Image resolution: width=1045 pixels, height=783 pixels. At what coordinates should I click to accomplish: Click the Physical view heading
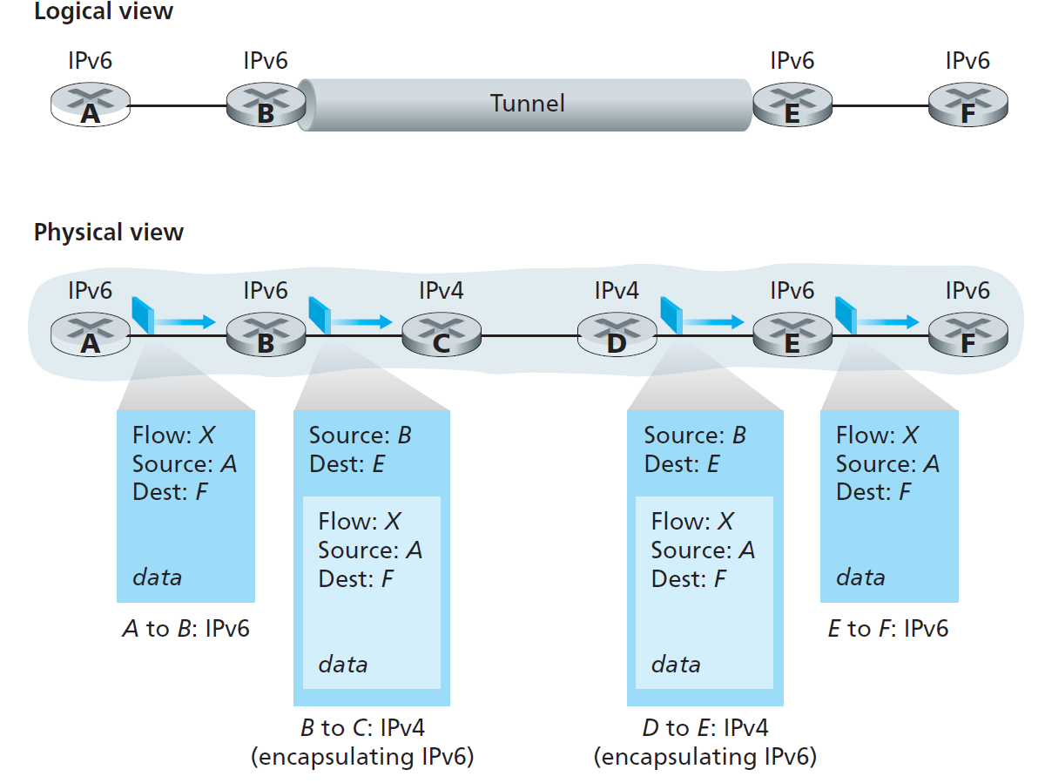click(109, 233)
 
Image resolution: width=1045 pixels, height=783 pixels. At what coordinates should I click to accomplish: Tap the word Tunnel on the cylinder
click(528, 104)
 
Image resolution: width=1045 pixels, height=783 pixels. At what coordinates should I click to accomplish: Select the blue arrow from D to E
click(711, 321)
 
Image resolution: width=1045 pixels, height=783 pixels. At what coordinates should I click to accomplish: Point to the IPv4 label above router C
click(442, 289)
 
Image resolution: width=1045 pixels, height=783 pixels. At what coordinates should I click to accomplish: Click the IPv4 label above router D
click(617, 289)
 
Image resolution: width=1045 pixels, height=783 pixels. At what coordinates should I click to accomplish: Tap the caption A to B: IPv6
click(185, 629)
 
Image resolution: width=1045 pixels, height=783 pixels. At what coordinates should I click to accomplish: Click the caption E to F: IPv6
click(888, 629)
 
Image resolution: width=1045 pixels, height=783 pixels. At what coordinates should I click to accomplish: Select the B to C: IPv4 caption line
click(362, 728)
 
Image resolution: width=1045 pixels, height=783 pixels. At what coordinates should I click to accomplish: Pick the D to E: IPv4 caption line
click(705, 728)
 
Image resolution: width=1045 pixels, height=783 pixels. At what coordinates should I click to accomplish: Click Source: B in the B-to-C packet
click(360, 435)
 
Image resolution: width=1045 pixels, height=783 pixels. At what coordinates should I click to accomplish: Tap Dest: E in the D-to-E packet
click(682, 464)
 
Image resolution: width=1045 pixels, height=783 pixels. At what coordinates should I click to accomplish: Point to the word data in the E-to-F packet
click(860, 577)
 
